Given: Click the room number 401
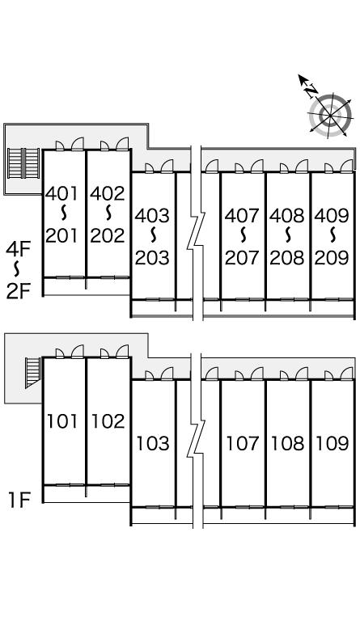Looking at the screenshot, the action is (62, 193).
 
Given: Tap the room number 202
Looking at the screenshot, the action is (108, 235).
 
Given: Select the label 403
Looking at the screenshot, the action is (152, 215).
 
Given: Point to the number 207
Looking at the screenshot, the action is (242, 258).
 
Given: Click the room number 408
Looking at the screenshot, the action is (287, 215).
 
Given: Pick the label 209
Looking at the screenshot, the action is (332, 258).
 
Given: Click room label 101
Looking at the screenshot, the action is (62, 421).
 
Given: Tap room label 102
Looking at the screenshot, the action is (108, 421).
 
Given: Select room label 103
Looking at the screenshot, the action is (153, 444).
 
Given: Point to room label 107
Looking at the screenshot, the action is (243, 444).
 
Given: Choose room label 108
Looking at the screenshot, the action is (287, 444).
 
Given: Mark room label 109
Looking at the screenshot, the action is (332, 444).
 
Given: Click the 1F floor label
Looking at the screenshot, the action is (19, 501).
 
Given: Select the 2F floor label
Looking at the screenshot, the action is (19, 291).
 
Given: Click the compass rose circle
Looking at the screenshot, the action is (330, 116).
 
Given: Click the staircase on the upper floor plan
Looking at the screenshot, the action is (23, 163).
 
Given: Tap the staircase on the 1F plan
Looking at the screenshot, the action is (33, 372).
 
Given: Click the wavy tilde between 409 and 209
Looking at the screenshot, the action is (332, 236).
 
